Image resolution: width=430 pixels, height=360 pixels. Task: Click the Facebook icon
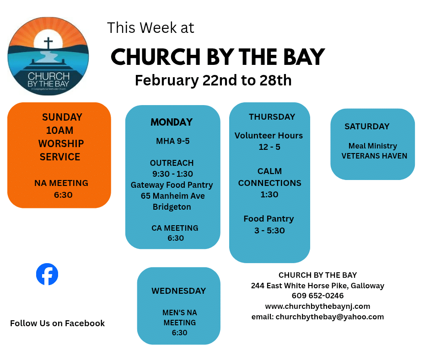click(x=47, y=274)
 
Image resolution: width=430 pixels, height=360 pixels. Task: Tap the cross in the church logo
click(x=48, y=43)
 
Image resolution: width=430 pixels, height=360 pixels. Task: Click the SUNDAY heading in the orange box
click(x=62, y=117)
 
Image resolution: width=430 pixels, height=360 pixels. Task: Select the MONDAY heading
click(x=172, y=122)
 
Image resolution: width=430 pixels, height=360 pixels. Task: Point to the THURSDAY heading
click(x=272, y=117)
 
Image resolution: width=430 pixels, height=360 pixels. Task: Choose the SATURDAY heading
click(x=367, y=126)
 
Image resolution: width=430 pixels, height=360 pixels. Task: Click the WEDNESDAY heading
click(x=178, y=291)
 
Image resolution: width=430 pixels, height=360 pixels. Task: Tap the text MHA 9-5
click(x=173, y=141)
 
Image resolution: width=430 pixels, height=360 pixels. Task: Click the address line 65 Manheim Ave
click(x=173, y=196)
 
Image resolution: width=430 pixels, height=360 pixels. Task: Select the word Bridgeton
click(x=172, y=207)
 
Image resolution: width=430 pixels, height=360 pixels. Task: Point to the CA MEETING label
click(x=175, y=228)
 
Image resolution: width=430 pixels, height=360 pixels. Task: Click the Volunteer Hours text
click(x=269, y=136)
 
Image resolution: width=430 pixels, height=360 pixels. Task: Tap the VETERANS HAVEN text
click(x=374, y=156)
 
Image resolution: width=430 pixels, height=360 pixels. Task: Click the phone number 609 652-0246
click(x=317, y=296)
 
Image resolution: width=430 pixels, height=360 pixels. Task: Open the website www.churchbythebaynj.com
click(x=317, y=306)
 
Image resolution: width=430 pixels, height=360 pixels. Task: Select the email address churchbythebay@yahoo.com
click(x=330, y=317)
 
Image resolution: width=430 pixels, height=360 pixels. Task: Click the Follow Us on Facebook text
click(x=57, y=323)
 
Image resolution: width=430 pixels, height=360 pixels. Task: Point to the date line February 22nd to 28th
click(x=213, y=80)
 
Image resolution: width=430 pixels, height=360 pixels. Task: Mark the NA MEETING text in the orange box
click(x=61, y=183)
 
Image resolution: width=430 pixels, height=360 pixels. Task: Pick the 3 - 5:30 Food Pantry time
click(x=269, y=231)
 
